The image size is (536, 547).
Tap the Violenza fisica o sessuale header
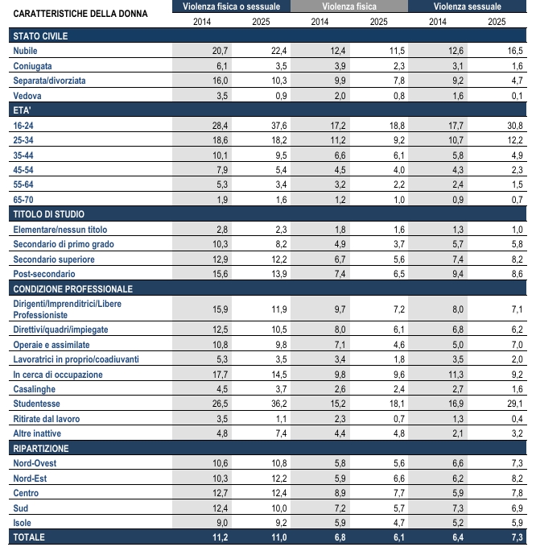point(232,6)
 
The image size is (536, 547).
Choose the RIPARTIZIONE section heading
point(41,448)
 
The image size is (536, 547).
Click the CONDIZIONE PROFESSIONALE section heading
point(73,288)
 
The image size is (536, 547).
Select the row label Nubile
point(27,51)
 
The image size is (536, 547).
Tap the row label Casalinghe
point(35,388)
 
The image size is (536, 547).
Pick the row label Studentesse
point(37,403)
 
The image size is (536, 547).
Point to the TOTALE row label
point(30,537)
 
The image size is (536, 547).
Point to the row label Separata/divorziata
point(50,81)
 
